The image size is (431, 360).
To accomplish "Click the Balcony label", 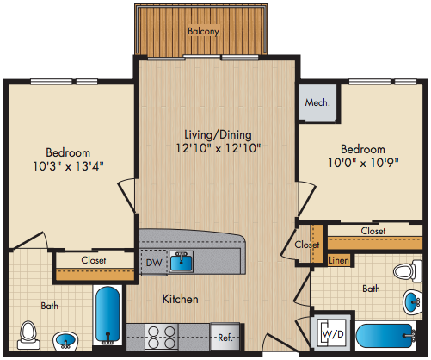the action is pyautogui.click(x=203, y=31).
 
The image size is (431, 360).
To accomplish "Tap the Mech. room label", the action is pyautogui.click(x=317, y=102).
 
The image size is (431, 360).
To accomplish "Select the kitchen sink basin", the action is pyautogui.click(x=181, y=262).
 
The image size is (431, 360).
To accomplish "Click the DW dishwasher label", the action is pyautogui.click(x=154, y=263).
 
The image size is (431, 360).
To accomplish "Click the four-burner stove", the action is pyautogui.click(x=162, y=337).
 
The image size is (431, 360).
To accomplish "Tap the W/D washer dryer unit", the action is pyautogui.click(x=333, y=333).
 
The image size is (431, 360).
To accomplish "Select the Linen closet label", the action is pyautogui.click(x=339, y=260).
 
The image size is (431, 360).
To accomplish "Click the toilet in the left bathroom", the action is pyautogui.click(x=28, y=335).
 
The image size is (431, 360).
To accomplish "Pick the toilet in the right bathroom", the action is pyautogui.click(x=408, y=270).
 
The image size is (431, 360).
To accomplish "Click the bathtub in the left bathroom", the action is pyautogui.click(x=108, y=315).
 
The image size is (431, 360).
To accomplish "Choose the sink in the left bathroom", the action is pyautogui.click(x=65, y=341).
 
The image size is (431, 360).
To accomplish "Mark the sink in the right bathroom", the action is pyautogui.click(x=412, y=302).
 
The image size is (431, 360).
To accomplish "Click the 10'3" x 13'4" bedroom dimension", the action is pyautogui.click(x=68, y=166).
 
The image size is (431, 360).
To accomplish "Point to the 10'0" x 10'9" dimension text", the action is pyautogui.click(x=363, y=163).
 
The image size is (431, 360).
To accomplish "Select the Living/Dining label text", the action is pyautogui.click(x=218, y=134).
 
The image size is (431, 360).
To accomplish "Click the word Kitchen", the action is pyautogui.click(x=181, y=299).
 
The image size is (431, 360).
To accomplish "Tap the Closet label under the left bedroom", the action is pyautogui.click(x=94, y=260).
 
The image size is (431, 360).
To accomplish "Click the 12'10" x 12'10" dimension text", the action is pyautogui.click(x=219, y=148).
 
